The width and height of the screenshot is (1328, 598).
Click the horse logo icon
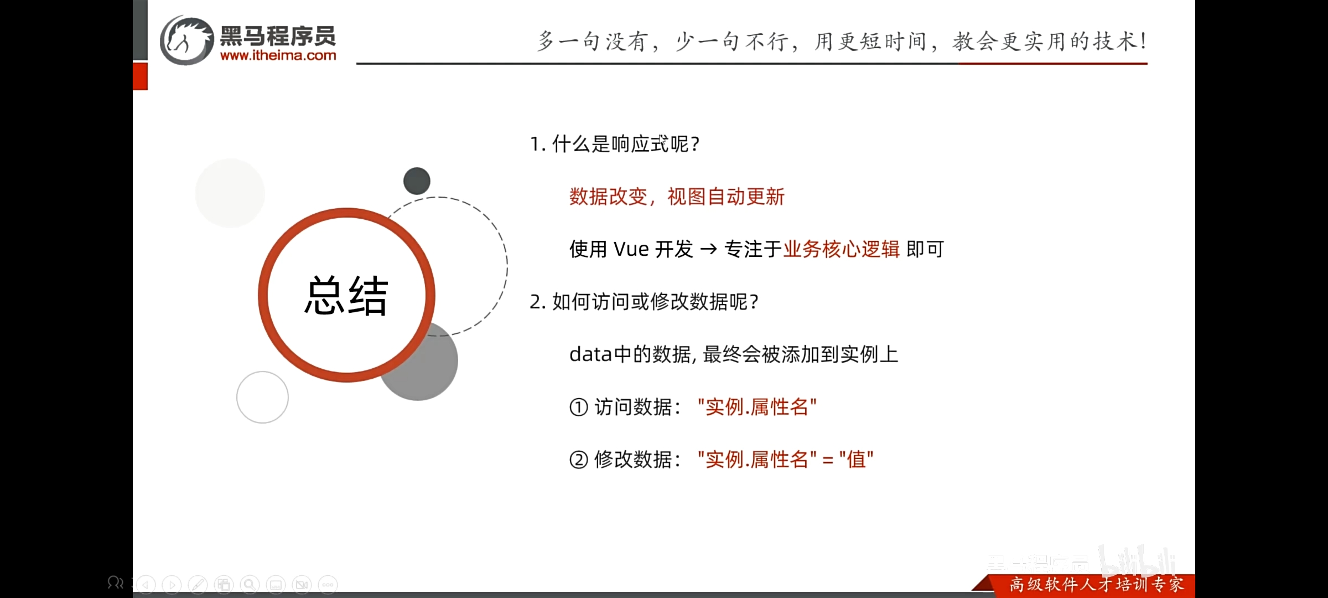pyautogui.click(x=186, y=40)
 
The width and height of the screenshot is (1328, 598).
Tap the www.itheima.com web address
pyautogui.click(x=278, y=55)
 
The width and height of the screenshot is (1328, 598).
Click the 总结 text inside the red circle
pyautogui.click(x=346, y=296)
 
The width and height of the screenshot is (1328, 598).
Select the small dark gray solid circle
pyautogui.click(x=417, y=181)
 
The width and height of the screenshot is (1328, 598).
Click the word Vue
pyautogui.click(x=631, y=249)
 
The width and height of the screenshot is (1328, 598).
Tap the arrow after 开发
pyautogui.click(x=708, y=250)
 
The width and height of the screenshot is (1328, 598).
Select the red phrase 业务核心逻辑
pyautogui.click(x=842, y=249)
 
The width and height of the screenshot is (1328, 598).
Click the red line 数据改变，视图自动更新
pyautogui.click(x=677, y=197)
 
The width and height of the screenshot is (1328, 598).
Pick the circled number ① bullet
pyautogui.click(x=578, y=408)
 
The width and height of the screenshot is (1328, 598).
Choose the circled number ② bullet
pyautogui.click(x=578, y=460)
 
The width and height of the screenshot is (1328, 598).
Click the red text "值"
pyautogui.click(x=856, y=459)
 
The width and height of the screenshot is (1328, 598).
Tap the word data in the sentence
pyautogui.click(x=591, y=354)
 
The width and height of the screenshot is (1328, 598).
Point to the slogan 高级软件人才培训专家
pyautogui.click(x=1097, y=585)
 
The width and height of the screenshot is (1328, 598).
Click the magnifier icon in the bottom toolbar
pyautogui.click(x=250, y=585)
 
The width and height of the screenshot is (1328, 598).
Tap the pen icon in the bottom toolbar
pyautogui.click(x=198, y=585)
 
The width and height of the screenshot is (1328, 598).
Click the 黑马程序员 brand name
pyautogui.click(x=278, y=36)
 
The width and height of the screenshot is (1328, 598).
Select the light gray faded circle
pyautogui.click(x=230, y=193)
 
